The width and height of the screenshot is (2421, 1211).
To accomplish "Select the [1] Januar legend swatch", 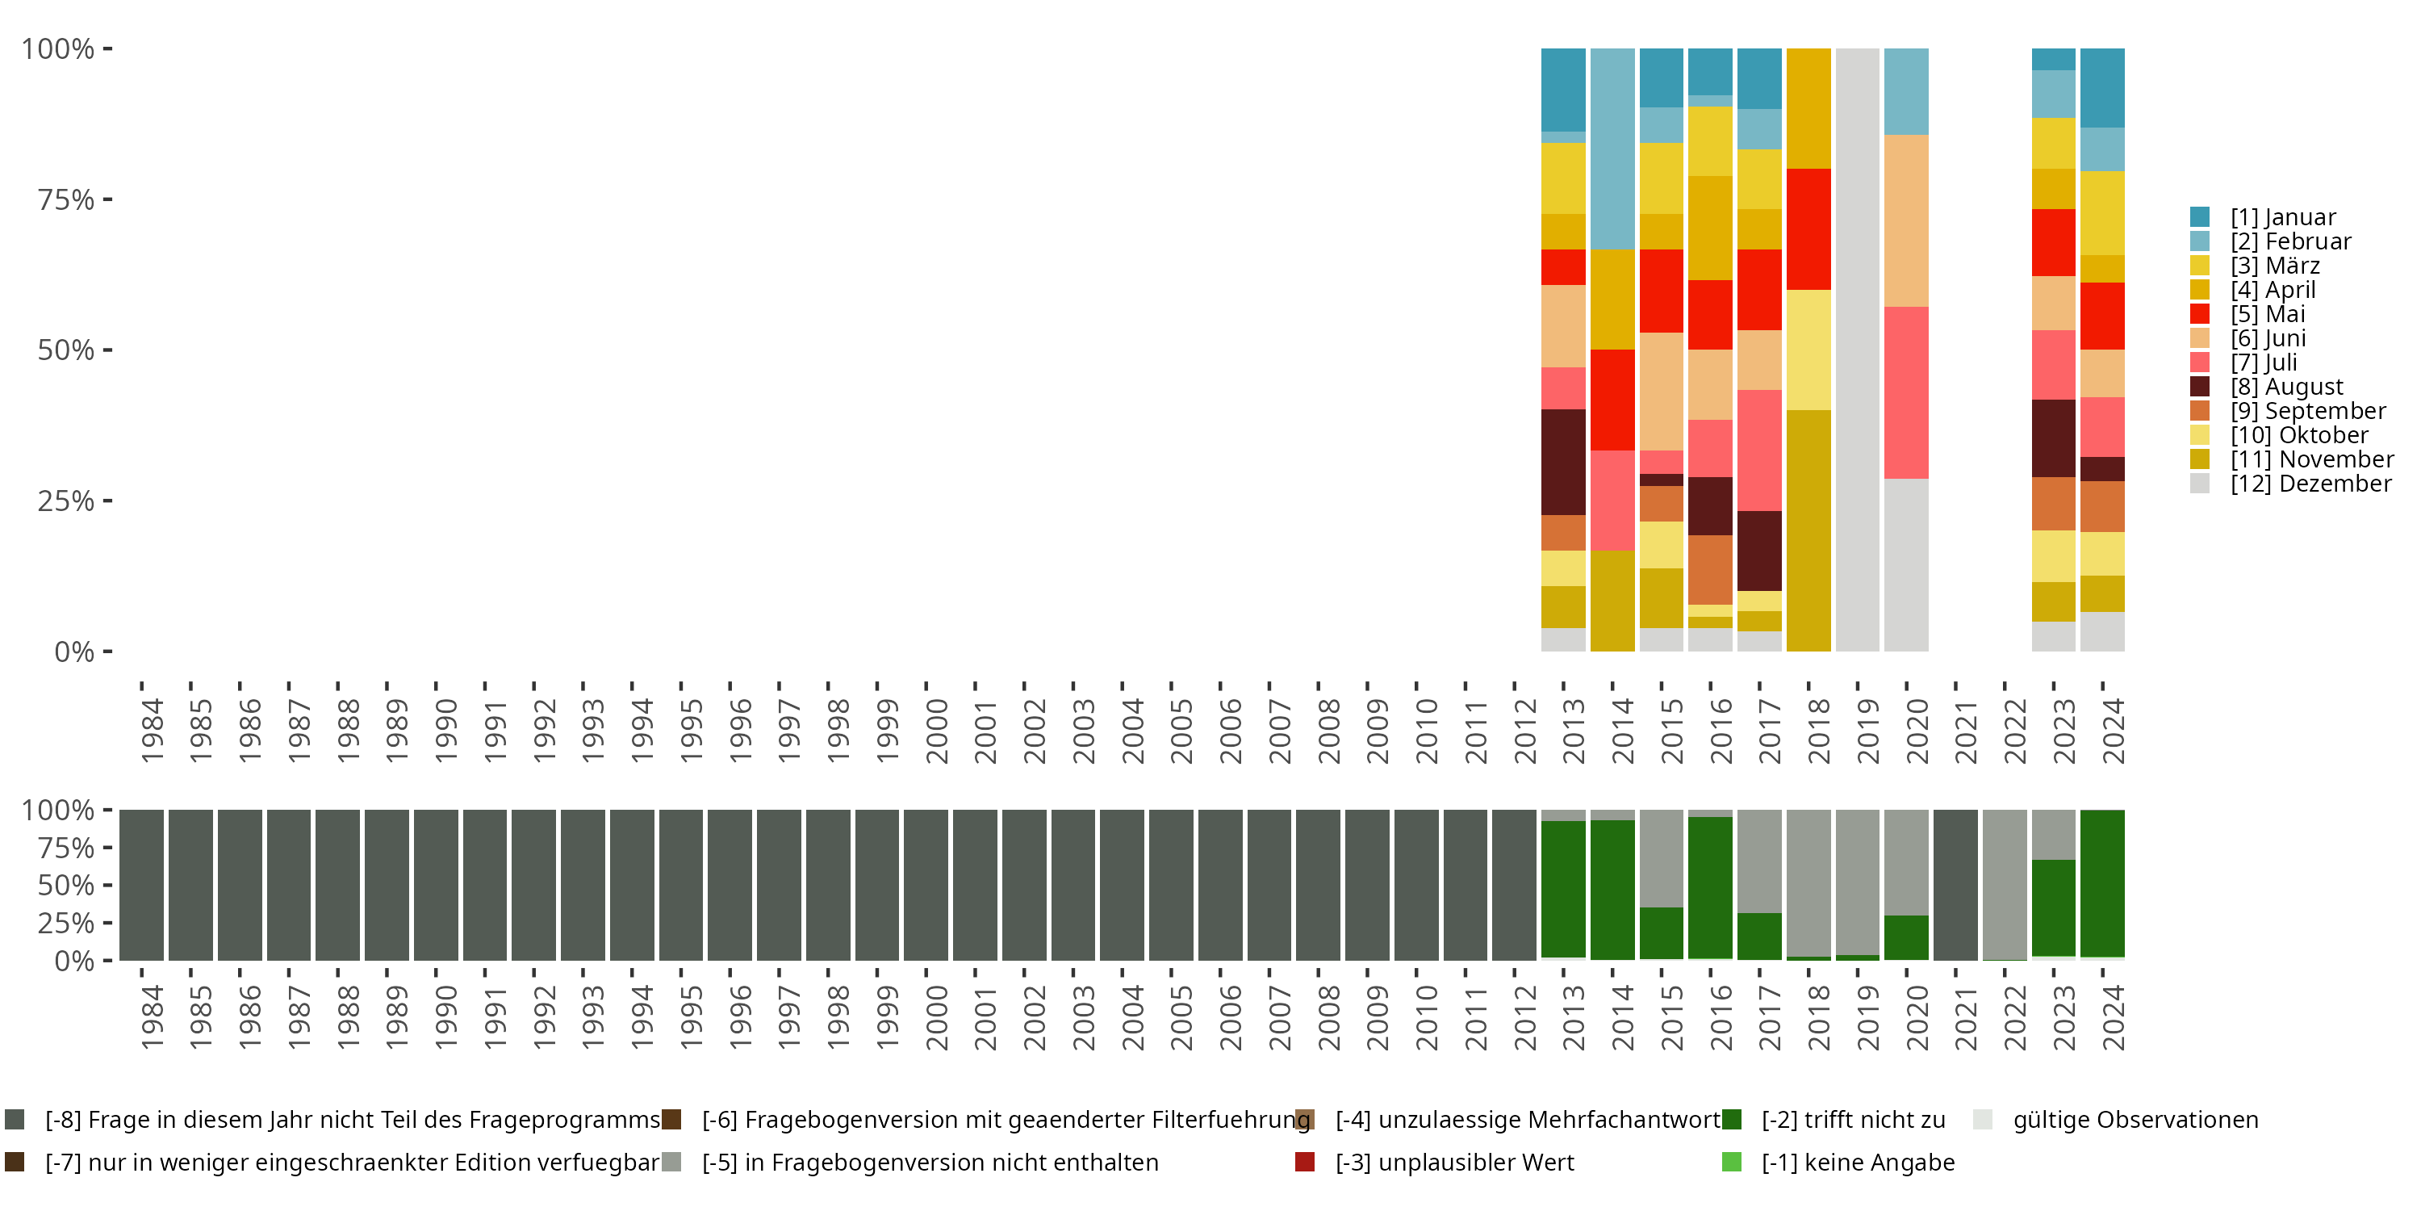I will (2200, 217).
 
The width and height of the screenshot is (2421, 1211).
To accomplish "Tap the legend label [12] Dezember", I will (2310, 484).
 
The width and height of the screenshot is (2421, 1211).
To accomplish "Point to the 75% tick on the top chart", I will (66, 199).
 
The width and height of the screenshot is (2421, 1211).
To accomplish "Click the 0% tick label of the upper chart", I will (74, 652).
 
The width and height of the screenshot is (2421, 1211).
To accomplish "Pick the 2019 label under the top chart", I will (1867, 731).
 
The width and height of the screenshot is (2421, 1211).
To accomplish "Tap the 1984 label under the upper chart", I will (153, 731).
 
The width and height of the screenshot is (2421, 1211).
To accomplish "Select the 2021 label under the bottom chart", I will (1965, 1017).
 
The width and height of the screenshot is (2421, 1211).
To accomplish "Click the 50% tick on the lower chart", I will (66, 885).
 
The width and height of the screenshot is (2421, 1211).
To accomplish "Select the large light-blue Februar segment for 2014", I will (1612, 149).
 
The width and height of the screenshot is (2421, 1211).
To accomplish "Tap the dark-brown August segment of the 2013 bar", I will (1563, 462).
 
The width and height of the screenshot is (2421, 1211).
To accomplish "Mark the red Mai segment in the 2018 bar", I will (1808, 228).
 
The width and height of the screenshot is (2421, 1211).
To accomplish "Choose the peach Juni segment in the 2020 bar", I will (1906, 220).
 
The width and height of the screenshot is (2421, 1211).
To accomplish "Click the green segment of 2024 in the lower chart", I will (2102, 883).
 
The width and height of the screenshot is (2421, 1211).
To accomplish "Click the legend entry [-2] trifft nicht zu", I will (1852, 1120).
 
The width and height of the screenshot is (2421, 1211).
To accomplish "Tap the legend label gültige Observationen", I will (2135, 1120).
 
